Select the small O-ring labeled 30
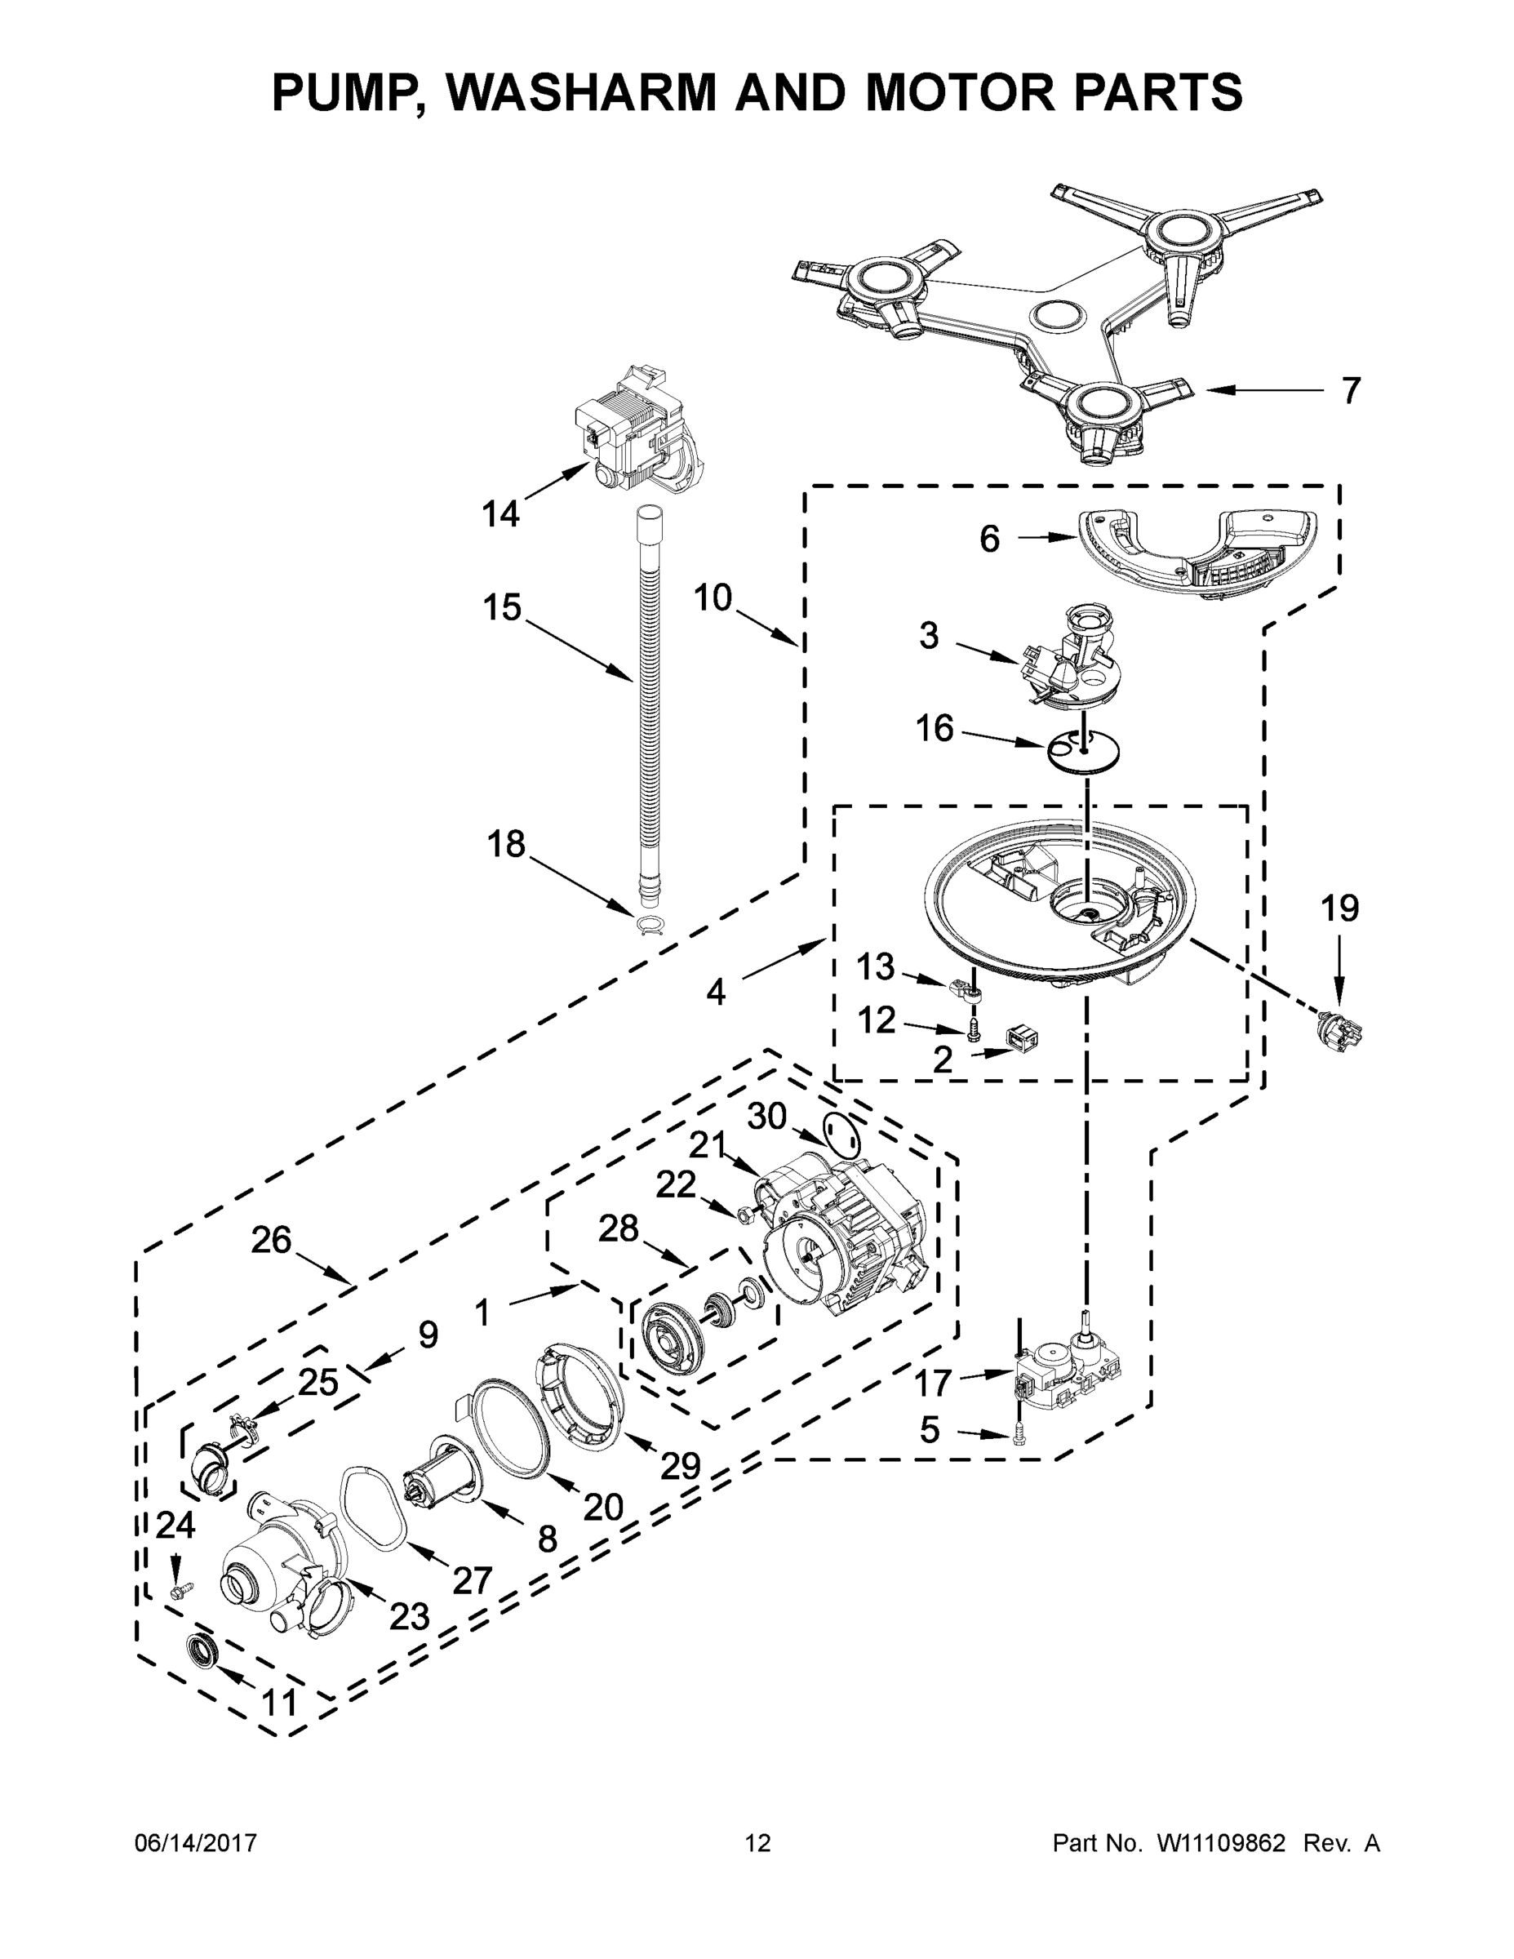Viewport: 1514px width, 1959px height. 841,1136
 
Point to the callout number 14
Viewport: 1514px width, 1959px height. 500,514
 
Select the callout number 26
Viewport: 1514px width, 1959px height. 271,1241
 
